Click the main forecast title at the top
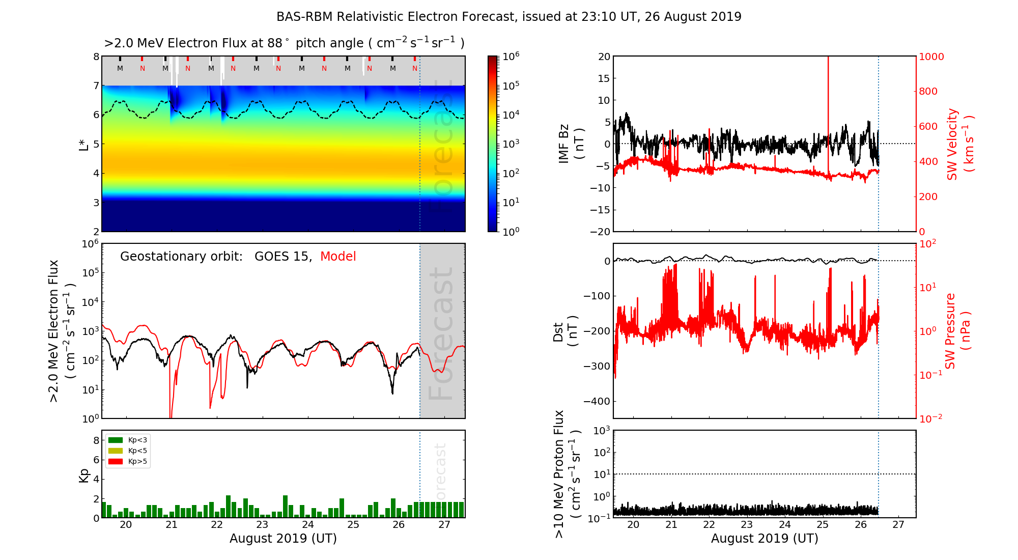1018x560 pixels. click(508, 17)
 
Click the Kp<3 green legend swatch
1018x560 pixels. click(116, 440)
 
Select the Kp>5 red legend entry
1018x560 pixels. click(128, 462)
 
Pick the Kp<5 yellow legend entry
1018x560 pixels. click(128, 451)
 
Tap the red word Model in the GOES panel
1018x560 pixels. click(338, 257)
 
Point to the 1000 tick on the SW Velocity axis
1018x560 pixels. click(931, 57)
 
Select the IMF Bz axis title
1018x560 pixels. click(571, 144)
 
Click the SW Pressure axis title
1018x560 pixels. click(957, 331)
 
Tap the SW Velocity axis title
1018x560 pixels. click(959, 144)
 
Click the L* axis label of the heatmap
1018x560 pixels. click(84, 144)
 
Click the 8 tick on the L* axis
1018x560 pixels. click(96, 57)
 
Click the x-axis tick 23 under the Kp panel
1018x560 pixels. click(262, 525)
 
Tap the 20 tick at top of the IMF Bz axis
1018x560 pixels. click(604, 57)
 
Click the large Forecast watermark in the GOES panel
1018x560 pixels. click(441, 333)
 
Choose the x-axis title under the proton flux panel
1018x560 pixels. click(765, 539)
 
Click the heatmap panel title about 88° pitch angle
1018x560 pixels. click(284, 43)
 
